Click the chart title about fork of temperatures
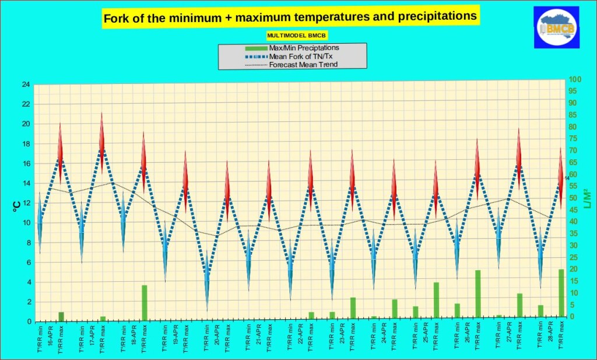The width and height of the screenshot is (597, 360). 290,17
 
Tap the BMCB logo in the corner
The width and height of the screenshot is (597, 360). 556,27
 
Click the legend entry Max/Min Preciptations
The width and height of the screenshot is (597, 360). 304,48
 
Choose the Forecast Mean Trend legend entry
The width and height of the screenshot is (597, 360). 303,64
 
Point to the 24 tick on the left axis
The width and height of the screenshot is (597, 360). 26,85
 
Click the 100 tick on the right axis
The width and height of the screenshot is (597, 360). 575,79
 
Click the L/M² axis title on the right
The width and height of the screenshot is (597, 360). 587,198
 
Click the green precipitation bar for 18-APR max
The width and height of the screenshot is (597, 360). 144,302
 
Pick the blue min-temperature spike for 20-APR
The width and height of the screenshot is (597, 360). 206,280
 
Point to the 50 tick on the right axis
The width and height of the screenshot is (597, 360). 575,198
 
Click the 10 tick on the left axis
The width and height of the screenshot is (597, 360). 26,223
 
